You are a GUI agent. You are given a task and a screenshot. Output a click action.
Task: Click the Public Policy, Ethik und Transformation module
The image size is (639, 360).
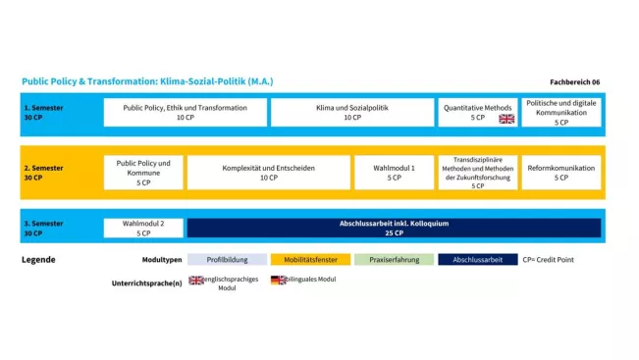pos(185,112)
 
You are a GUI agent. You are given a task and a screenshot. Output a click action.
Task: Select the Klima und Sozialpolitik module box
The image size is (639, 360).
pos(351,112)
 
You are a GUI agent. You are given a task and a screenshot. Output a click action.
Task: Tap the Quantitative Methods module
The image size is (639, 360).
pos(477,112)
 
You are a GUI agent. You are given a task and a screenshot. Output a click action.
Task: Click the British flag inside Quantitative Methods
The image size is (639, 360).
pos(506,119)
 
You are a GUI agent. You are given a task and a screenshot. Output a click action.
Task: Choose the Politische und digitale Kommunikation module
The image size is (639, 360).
pos(560,112)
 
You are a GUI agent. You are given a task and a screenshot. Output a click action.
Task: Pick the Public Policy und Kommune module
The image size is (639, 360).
pos(143,172)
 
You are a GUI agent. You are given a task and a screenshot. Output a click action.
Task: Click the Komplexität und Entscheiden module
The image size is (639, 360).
pos(268,172)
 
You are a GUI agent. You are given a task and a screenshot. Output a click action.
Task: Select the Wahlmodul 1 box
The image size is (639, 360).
pos(394,172)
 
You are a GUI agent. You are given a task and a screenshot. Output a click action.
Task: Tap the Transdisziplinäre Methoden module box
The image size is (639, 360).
pos(477,172)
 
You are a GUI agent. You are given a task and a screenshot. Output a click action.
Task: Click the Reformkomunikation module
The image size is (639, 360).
pos(560,172)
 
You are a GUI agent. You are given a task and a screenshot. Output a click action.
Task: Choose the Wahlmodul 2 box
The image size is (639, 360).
pos(143,228)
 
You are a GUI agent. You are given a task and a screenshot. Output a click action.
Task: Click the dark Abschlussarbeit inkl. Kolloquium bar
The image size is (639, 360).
pos(393,228)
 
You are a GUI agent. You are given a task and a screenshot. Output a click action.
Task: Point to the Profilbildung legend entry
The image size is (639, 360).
pos(227,260)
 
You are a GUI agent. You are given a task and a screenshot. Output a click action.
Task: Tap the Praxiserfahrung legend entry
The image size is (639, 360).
pos(394,260)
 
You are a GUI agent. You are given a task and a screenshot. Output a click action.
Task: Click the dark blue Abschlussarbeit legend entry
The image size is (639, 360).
pos(477,260)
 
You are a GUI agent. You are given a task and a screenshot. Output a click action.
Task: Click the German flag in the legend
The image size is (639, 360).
pos(278,280)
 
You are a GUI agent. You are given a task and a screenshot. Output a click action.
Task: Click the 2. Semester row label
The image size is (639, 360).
pos(43,172)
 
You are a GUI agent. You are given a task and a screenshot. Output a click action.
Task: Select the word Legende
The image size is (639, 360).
pos(38,260)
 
